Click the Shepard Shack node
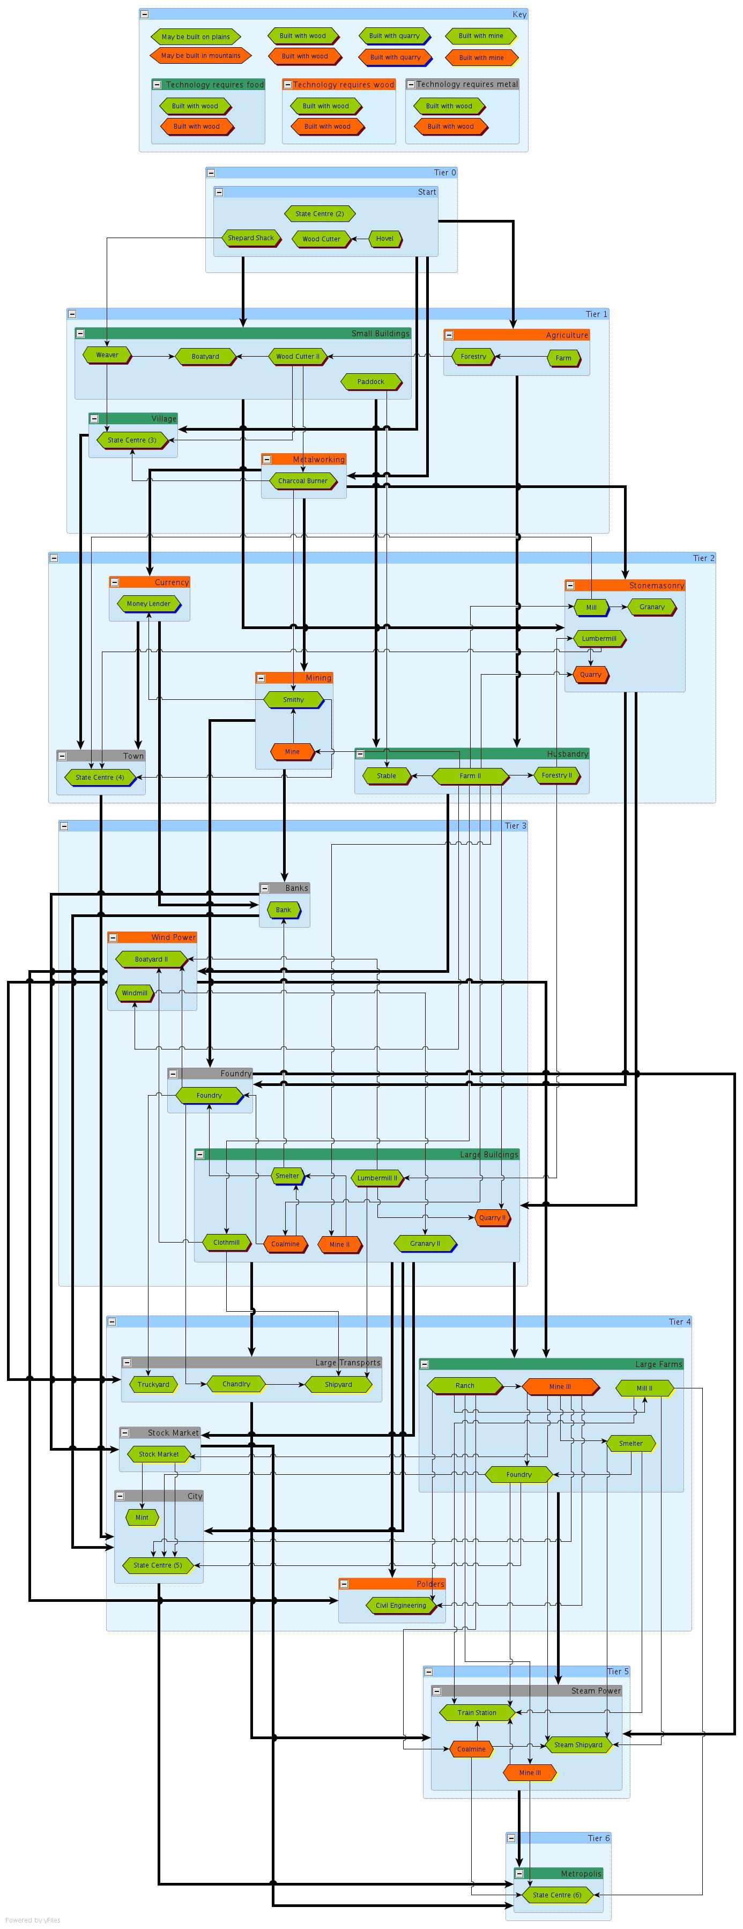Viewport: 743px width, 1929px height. (x=251, y=238)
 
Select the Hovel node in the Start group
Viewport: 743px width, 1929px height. (x=384, y=239)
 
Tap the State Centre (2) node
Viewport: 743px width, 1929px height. (x=320, y=214)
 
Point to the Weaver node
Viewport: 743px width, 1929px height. (x=107, y=355)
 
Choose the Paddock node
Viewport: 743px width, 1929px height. (x=370, y=382)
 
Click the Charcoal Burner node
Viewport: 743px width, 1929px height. (x=303, y=481)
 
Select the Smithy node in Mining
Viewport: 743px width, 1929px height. (x=293, y=699)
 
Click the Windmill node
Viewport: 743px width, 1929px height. (x=135, y=993)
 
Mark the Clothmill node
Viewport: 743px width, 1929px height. (x=226, y=1243)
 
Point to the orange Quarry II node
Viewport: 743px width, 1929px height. (x=492, y=1217)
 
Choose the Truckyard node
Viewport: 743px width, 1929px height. (x=153, y=1385)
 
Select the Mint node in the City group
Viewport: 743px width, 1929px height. (x=142, y=1517)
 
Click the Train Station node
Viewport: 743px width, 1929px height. (x=477, y=1712)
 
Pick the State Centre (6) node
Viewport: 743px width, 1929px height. (x=556, y=1895)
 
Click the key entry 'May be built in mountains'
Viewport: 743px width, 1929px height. (x=200, y=55)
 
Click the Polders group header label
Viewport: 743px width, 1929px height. (x=429, y=1584)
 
